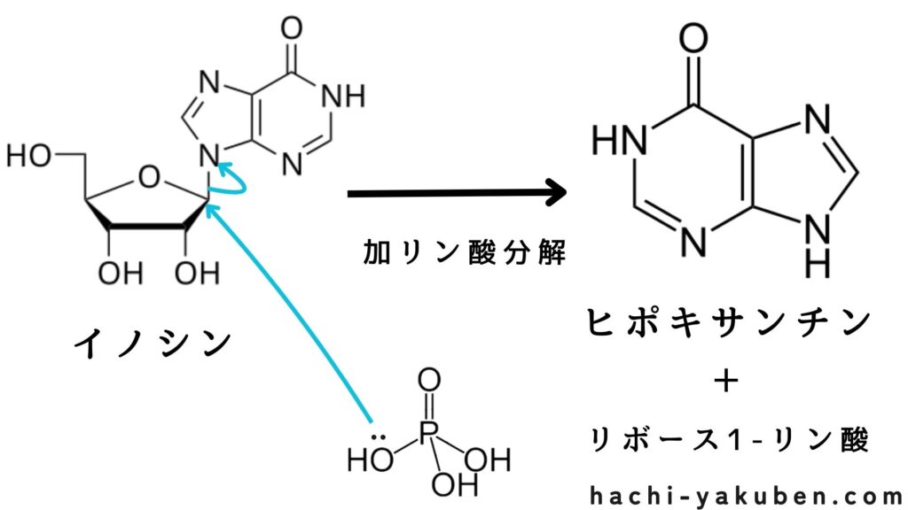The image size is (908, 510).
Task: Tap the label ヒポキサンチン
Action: click(727, 322)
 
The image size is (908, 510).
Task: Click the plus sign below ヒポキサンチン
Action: click(726, 382)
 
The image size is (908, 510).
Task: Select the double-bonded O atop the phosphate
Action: click(428, 381)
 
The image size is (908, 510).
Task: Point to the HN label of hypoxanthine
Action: click(618, 139)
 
